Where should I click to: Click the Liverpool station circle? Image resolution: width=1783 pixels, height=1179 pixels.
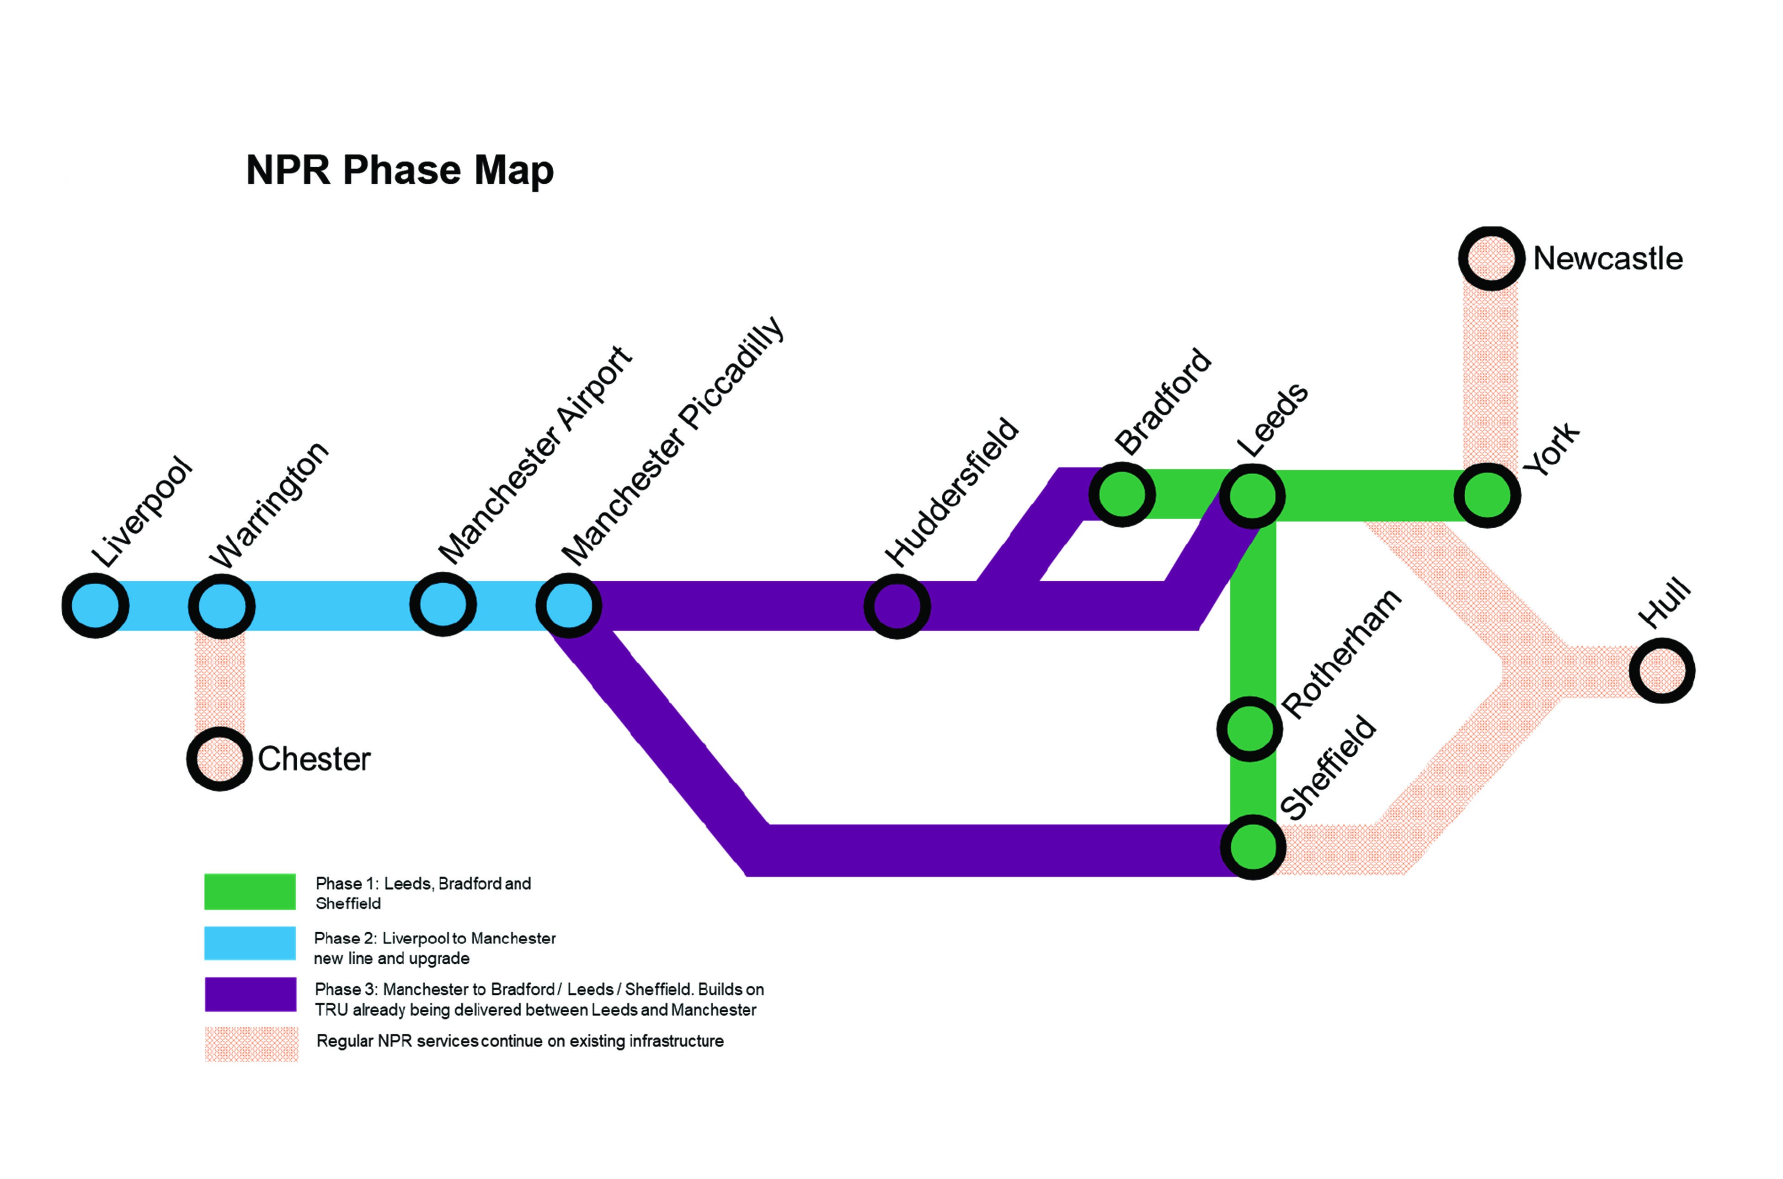click(95, 605)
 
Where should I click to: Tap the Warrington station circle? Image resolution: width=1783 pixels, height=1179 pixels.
click(221, 606)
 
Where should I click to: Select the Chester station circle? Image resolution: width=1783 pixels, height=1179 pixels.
click(219, 759)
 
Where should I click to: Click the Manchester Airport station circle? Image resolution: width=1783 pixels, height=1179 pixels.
click(443, 605)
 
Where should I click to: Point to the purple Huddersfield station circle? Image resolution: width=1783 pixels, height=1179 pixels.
click(897, 606)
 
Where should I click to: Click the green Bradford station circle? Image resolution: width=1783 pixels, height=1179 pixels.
click(1122, 495)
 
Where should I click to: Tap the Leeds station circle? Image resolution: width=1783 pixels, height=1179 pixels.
click(1252, 496)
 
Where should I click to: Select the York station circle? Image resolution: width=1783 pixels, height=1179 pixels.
click(1487, 495)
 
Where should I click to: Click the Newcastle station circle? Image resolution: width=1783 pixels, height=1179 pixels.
click(1491, 258)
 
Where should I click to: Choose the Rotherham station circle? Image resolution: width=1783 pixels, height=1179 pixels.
click(1249, 728)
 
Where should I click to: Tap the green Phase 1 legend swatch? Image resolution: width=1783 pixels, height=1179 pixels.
click(250, 892)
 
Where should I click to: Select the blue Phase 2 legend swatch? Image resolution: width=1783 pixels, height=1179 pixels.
click(250, 943)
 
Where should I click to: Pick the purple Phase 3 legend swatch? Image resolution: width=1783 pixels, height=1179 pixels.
click(250, 994)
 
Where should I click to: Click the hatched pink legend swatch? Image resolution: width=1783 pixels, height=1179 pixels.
click(251, 1044)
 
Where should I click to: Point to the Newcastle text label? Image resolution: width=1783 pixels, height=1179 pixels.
click(1608, 259)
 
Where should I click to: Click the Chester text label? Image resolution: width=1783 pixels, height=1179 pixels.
click(314, 759)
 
